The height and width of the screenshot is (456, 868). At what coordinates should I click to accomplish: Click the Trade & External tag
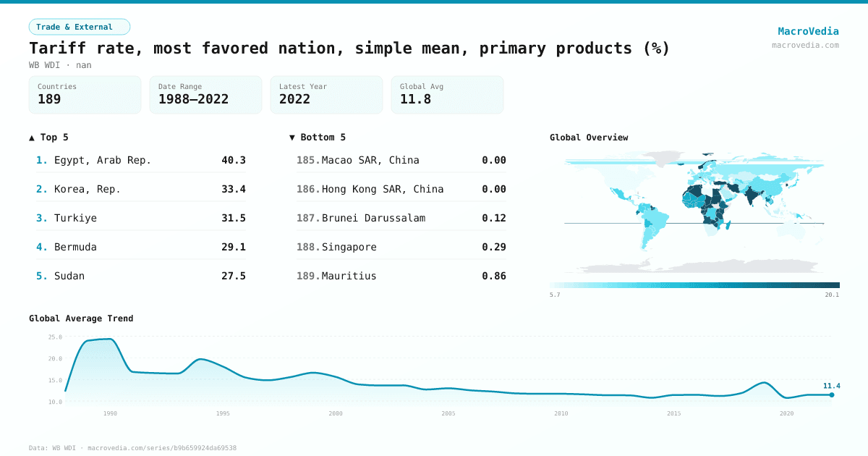[80, 27]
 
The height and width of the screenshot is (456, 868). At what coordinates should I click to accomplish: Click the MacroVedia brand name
[808, 31]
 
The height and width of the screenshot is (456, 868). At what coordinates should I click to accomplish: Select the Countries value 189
[49, 99]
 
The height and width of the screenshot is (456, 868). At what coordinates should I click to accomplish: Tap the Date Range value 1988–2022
[193, 99]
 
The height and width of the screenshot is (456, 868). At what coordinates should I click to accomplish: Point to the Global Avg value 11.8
[415, 99]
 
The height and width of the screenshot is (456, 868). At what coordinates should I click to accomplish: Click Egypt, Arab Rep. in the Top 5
[103, 160]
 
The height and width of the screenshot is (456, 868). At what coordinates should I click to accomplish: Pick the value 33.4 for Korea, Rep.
[234, 189]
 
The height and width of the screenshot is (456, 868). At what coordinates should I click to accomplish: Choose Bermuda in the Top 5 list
[75, 247]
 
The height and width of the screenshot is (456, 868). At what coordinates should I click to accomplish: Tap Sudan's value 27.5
[234, 276]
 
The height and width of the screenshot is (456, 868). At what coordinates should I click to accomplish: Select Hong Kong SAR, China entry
[383, 189]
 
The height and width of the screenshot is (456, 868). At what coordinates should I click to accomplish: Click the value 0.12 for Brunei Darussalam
[494, 218]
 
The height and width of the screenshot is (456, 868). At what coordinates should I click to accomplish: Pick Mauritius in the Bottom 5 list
[349, 276]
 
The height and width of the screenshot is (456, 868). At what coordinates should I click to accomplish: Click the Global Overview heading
[589, 138]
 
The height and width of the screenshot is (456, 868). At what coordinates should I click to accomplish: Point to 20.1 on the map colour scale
[832, 295]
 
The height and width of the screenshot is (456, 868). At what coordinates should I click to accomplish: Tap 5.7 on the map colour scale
[555, 295]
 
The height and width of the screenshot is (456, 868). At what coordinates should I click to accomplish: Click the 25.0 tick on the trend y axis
[55, 337]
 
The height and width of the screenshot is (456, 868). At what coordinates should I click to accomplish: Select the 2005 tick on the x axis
[448, 413]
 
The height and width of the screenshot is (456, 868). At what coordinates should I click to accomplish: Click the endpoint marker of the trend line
[832, 394]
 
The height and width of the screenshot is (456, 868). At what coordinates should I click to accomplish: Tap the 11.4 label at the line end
[831, 386]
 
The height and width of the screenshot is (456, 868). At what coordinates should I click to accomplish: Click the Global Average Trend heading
[81, 318]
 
